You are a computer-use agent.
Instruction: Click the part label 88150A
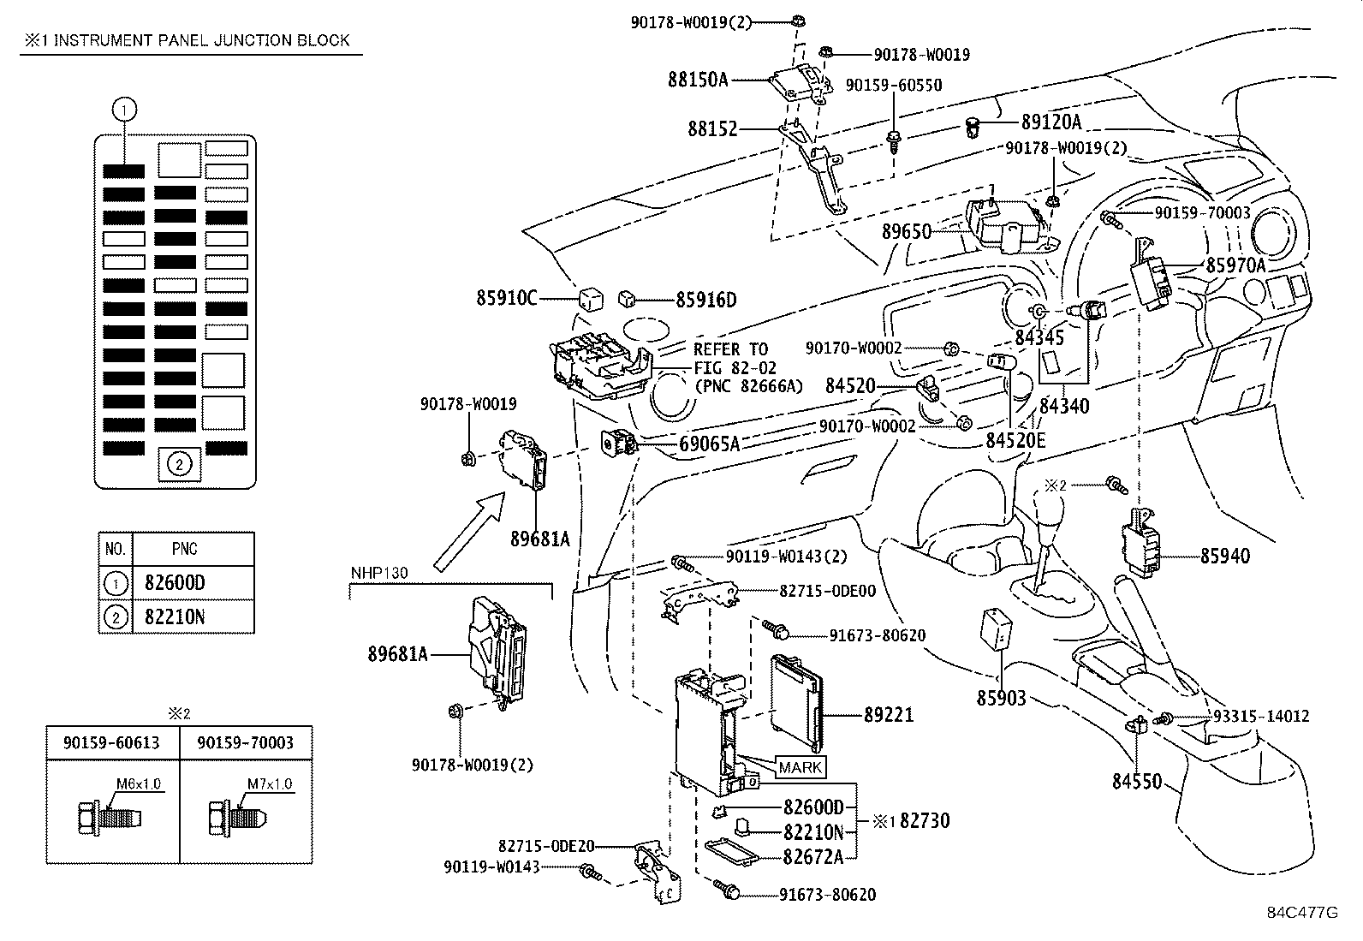coord(697,80)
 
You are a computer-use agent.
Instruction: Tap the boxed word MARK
coord(801,767)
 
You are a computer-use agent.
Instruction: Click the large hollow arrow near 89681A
coord(470,532)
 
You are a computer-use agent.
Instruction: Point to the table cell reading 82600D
coord(175,583)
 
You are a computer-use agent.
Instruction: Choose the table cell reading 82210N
coord(175,616)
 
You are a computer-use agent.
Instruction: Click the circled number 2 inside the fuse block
coord(178,464)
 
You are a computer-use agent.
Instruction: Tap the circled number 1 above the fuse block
coord(124,110)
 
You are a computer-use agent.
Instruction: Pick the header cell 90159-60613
coord(111,742)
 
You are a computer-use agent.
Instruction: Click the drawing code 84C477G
coord(1302,912)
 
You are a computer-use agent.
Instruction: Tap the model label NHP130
coord(378,573)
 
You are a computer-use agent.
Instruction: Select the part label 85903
coord(1001,699)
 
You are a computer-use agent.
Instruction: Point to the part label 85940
coord(1224,556)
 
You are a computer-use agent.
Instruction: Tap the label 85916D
coord(705,300)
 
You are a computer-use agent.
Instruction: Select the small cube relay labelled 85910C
coord(591,298)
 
